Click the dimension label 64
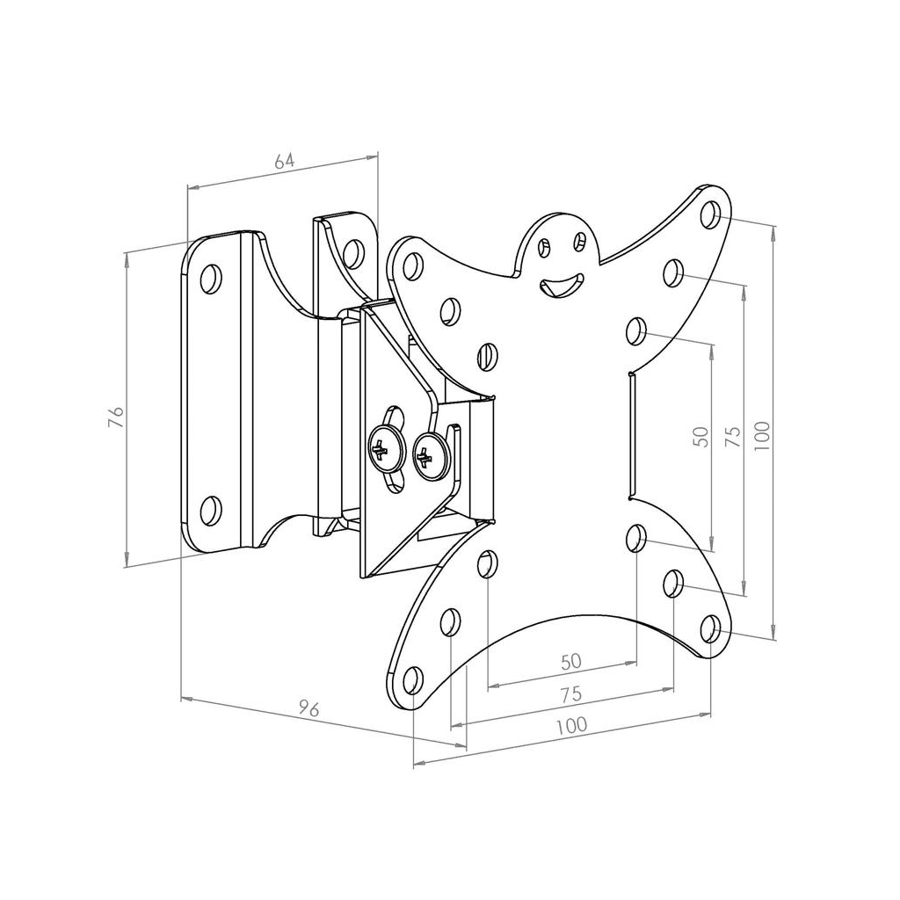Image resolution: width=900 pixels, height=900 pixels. tap(284, 161)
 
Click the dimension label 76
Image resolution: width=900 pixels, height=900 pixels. tap(117, 416)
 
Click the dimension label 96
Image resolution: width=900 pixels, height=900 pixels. tap(309, 708)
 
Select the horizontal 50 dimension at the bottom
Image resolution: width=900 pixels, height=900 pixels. tap(571, 662)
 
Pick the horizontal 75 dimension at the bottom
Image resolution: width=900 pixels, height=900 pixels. tap(571, 694)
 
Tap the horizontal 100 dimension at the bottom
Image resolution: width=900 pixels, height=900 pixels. tap(571, 725)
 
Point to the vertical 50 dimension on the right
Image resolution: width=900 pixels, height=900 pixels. tap(701, 437)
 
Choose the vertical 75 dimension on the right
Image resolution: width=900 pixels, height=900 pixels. tap(733, 437)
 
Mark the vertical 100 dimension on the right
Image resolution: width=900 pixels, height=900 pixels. tap(762, 435)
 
